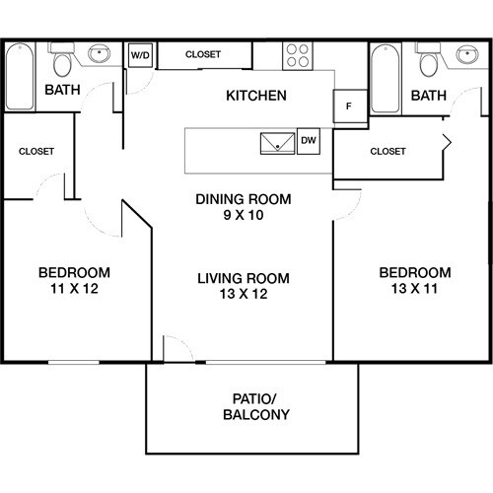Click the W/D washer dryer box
click(141, 56)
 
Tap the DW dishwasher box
click(308, 141)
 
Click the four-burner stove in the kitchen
click(298, 55)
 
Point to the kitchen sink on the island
click(276, 142)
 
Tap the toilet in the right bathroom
click(428, 63)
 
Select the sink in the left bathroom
click(99, 54)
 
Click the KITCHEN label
click(256, 96)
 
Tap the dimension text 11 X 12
click(74, 290)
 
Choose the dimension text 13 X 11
click(415, 290)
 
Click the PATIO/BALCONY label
click(255, 406)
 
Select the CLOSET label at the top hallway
click(202, 54)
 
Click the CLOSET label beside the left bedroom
click(36, 151)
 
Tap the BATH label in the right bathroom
click(428, 96)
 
